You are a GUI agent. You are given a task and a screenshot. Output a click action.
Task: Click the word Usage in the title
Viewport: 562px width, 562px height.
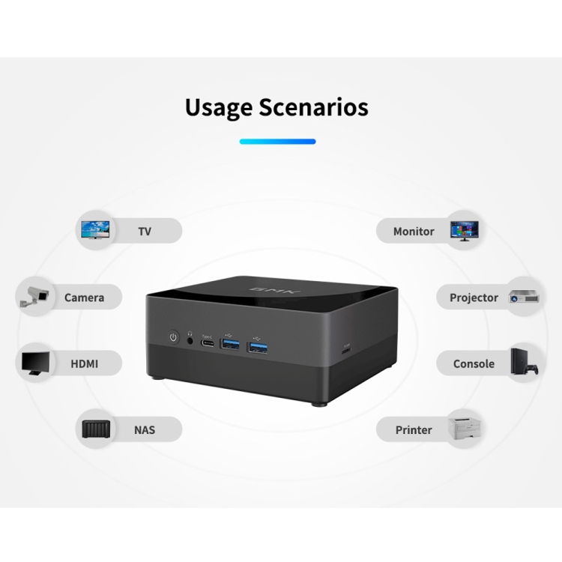point(219,107)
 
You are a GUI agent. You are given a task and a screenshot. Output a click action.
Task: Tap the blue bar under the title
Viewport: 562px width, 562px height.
point(277,141)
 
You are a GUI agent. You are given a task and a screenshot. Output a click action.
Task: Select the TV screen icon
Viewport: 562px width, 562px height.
point(96,230)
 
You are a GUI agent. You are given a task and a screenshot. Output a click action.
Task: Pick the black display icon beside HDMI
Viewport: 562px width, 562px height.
point(35,363)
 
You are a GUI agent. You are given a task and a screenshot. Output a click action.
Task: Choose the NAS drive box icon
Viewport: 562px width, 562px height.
point(97,430)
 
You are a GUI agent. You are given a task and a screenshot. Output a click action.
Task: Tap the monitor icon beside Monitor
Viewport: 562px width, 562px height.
point(464,230)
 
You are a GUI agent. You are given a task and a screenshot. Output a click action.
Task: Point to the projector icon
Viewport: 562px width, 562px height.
point(525,297)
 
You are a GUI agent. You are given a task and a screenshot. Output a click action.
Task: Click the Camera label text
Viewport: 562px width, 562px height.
point(84,297)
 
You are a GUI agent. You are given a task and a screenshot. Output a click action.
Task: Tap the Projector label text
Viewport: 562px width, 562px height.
point(474,297)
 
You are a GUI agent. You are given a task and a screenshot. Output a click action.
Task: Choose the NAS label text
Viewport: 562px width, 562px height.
point(145,430)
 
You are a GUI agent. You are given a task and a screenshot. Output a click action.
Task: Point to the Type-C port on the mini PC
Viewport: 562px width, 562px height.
point(208,344)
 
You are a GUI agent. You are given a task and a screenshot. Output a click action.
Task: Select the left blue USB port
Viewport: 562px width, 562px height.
point(231,345)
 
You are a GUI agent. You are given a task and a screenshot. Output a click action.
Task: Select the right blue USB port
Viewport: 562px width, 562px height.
point(258,347)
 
